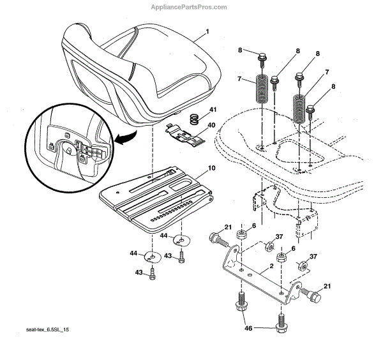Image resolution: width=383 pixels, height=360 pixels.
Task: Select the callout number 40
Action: pos(211,126)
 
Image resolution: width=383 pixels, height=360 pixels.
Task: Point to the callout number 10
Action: pos(211,170)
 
